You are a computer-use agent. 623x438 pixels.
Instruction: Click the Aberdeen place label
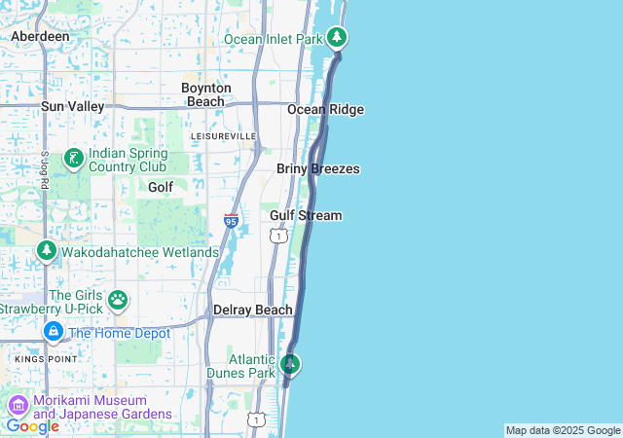(x=40, y=36)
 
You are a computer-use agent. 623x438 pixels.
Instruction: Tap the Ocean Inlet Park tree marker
(x=337, y=38)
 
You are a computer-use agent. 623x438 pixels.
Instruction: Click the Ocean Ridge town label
(x=325, y=109)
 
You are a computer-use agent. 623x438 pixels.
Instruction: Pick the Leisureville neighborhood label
(x=223, y=135)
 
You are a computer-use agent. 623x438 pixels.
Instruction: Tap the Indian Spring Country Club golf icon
(x=73, y=158)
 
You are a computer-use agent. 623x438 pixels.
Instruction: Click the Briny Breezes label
(x=318, y=169)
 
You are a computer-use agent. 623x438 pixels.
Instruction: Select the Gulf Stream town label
(x=306, y=215)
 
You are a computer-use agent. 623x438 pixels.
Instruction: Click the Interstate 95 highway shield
(x=231, y=221)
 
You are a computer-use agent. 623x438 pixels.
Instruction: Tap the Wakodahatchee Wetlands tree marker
(x=46, y=251)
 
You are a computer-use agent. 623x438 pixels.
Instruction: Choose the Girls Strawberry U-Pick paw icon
(x=118, y=300)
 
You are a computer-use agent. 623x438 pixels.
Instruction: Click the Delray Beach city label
(x=253, y=310)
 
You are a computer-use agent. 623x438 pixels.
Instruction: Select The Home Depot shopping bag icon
(x=53, y=333)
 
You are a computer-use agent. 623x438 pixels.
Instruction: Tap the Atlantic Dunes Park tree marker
(x=289, y=365)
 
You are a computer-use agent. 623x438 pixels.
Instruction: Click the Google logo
(x=32, y=425)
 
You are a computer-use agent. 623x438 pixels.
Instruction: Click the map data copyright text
(x=563, y=430)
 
